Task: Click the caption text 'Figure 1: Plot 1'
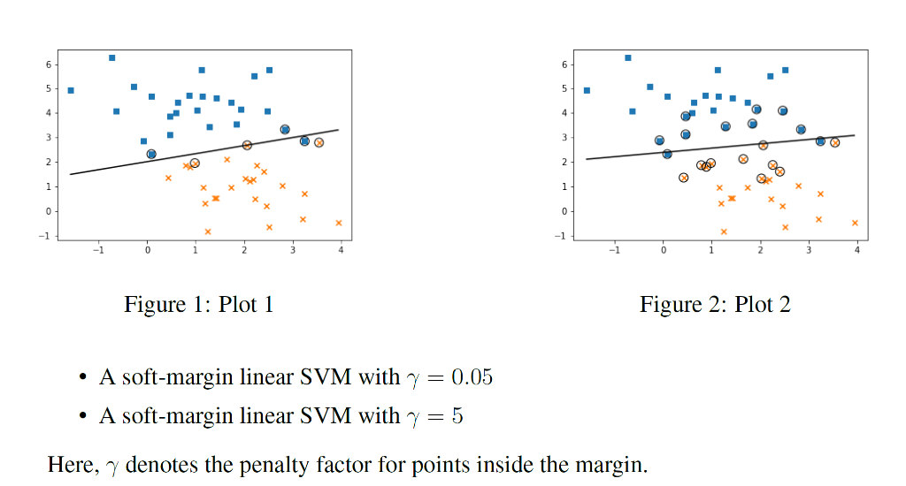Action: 198,306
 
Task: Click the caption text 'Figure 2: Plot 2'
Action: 715,306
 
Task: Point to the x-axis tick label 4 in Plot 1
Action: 341,250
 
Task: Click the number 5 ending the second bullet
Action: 457,415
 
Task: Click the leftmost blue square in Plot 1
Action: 71,90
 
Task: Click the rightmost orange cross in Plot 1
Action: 339,223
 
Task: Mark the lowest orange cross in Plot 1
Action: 208,232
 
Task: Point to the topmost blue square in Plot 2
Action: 628,57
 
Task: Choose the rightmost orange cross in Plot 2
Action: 855,223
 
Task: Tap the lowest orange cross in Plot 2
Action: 724,232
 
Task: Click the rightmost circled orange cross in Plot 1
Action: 319,142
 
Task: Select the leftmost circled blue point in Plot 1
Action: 151,154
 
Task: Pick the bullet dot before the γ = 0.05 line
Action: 81,378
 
